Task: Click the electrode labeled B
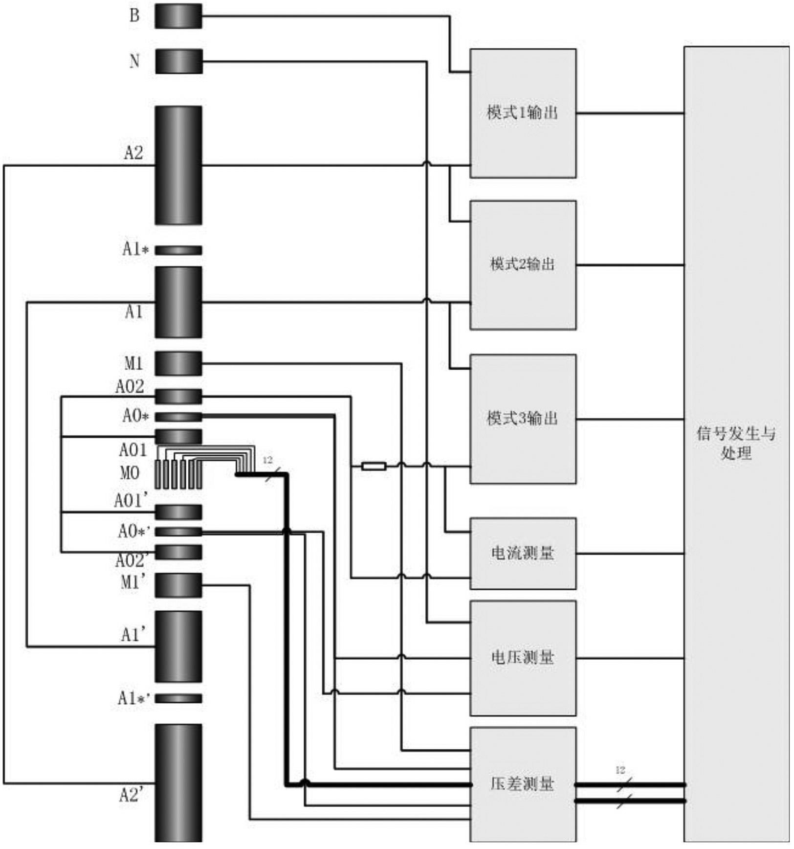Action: coord(178,16)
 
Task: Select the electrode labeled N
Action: coord(178,62)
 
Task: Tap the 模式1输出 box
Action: coord(522,113)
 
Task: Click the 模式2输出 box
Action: coord(522,265)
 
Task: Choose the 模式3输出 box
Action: coord(522,419)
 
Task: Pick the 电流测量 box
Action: coord(522,553)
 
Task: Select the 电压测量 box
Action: coord(522,658)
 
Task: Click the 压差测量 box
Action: coord(522,784)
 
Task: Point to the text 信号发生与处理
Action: coord(736,443)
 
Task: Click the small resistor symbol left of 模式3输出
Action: coord(374,467)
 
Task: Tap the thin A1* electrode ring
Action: coord(178,250)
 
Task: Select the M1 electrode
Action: coord(178,364)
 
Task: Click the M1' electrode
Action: coord(178,585)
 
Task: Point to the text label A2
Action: coord(133,153)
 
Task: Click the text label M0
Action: coord(130,473)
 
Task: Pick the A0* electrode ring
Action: coord(178,417)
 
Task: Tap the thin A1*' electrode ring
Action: coord(178,699)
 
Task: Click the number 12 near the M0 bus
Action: coord(267,460)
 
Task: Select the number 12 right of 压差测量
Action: coord(620,770)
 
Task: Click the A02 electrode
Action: coord(178,397)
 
